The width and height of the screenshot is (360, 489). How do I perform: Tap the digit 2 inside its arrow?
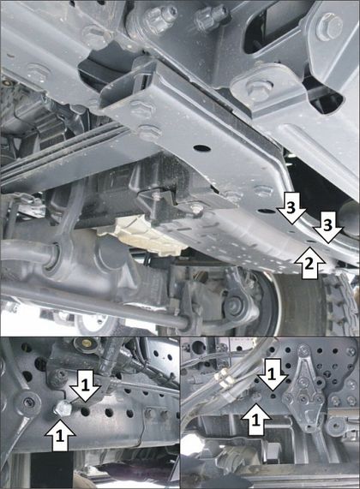[x=309, y=264]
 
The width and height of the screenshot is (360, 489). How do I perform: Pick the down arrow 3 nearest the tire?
[x=327, y=227]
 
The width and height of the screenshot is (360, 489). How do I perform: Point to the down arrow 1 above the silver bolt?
[x=85, y=385]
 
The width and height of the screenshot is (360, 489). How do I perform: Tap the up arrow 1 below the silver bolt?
[x=60, y=435]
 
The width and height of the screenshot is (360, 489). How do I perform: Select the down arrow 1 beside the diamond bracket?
[x=273, y=374]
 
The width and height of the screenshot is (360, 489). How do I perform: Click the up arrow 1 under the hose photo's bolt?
[x=255, y=419]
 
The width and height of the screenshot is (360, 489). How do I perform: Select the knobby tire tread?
[x=341, y=302]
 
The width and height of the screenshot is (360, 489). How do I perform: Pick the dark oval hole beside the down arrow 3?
[x=268, y=212]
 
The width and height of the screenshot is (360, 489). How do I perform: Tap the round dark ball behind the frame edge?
[x=351, y=218]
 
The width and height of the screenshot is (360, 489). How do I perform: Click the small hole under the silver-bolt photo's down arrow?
[x=85, y=412]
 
